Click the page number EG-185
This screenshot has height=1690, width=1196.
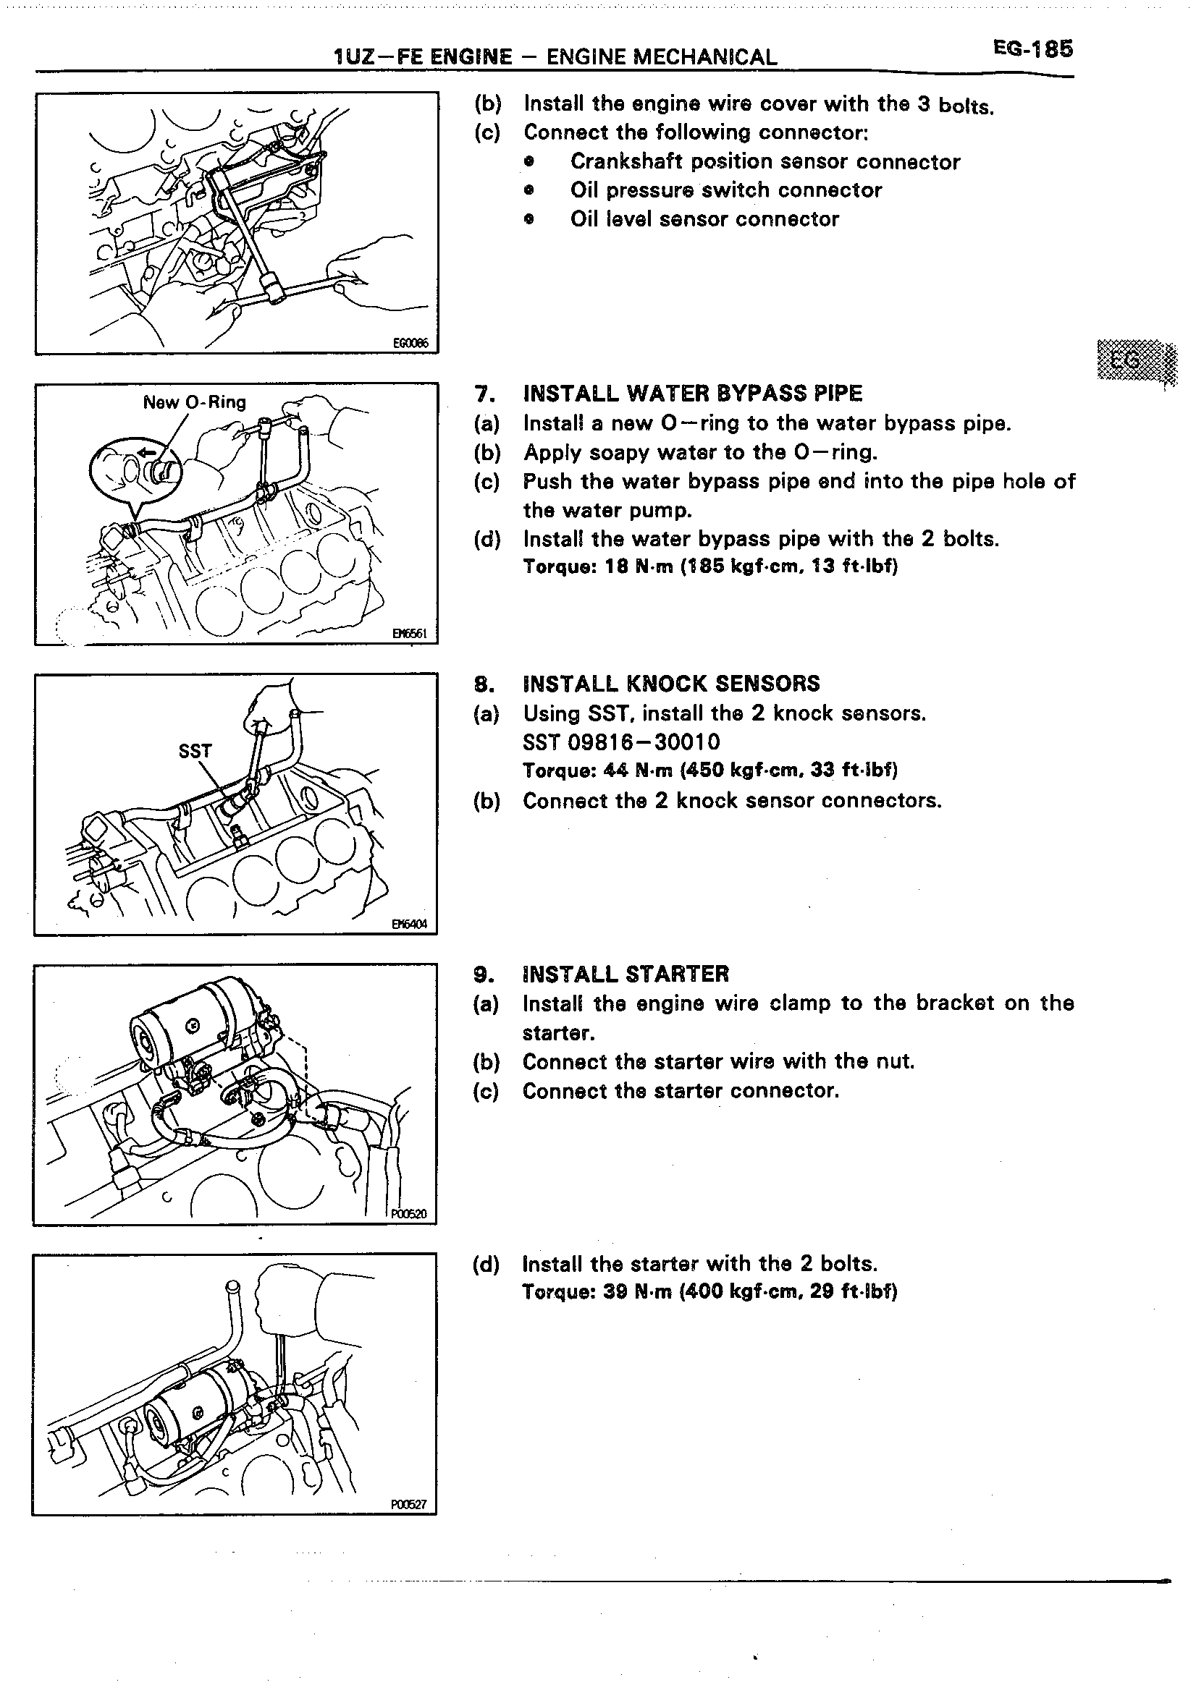[x=1032, y=49]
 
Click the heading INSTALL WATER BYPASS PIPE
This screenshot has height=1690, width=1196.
[x=692, y=394]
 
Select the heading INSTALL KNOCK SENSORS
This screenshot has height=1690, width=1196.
[x=671, y=684]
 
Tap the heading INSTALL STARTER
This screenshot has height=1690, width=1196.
[x=626, y=974]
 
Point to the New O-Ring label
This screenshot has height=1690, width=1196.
[x=195, y=403]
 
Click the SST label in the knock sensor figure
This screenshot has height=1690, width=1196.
[x=195, y=751]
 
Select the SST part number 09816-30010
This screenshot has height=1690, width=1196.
[x=622, y=742]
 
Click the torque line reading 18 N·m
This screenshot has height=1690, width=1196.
[x=710, y=566]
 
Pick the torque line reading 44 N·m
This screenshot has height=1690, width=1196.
[x=710, y=770]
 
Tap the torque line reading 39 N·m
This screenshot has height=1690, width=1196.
[x=710, y=1292]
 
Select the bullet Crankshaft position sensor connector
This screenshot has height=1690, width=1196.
[x=765, y=162]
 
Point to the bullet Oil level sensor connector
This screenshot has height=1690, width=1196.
[x=704, y=219]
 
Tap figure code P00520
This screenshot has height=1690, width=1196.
[x=409, y=1213]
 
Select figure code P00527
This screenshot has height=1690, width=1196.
[x=409, y=1505]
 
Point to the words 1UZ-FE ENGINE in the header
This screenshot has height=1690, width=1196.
[x=423, y=57]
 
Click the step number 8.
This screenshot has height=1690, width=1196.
[x=482, y=684]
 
